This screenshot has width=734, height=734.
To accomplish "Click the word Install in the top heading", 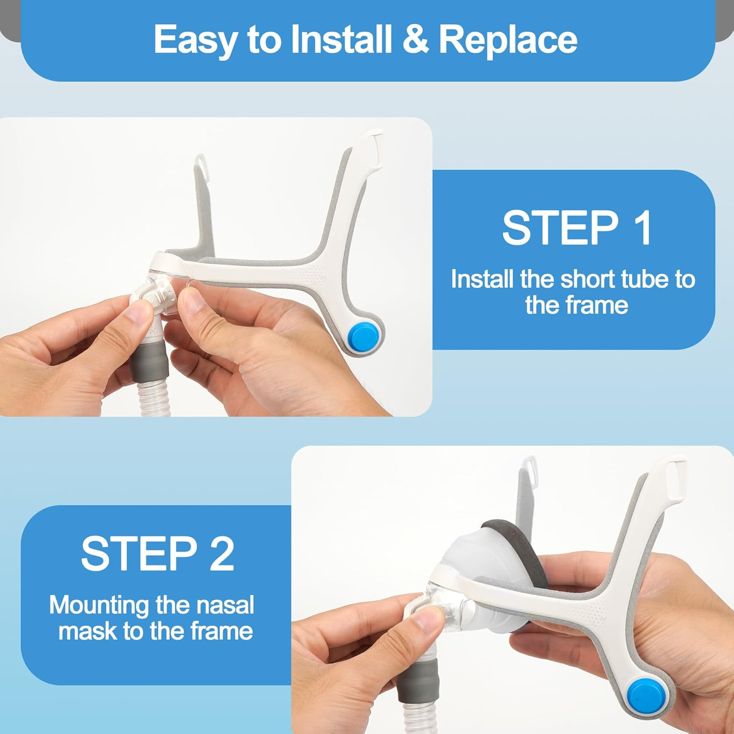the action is coord(342,39).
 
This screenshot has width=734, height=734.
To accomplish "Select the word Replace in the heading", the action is coord(508,41).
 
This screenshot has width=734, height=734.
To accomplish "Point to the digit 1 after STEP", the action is coord(641,228).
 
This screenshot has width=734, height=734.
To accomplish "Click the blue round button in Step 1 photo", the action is coord(363,336).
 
